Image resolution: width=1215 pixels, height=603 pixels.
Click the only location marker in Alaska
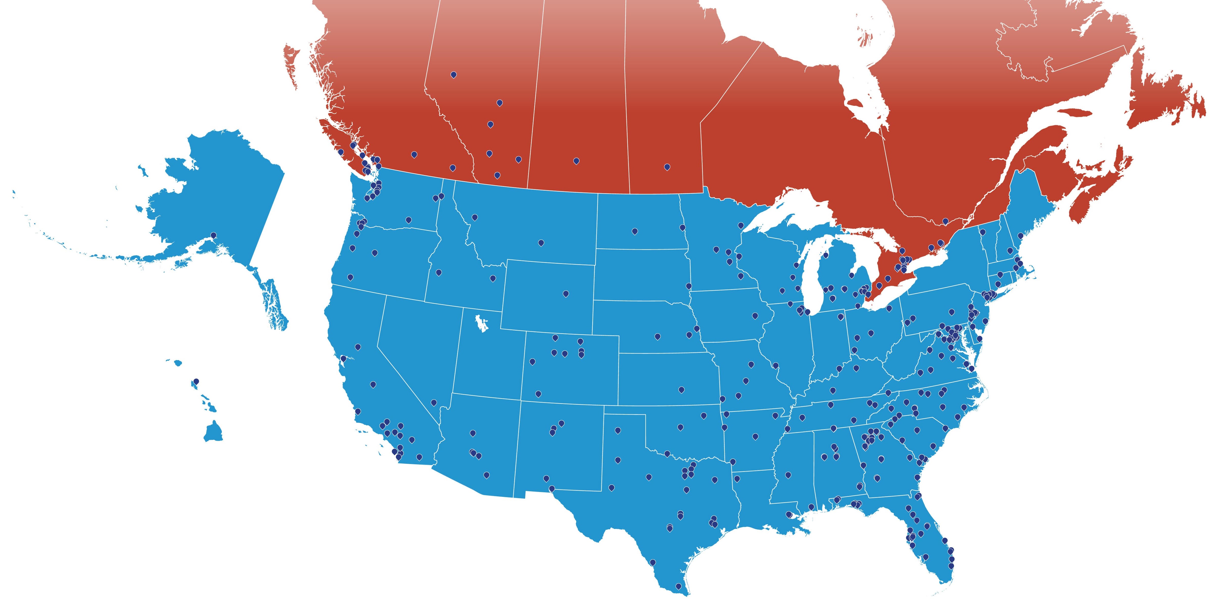pyautogui.click(x=213, y=235)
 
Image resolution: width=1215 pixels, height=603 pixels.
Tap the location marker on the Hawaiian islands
pyautogui.click(x=196, y=381)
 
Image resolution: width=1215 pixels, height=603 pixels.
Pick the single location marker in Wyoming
pyautogui.click(x=566, y=293)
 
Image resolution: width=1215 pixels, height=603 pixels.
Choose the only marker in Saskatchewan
pyautogui.click(x=576, y=161)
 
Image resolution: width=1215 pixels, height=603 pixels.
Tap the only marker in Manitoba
pyautogui.click(x=667, y=166)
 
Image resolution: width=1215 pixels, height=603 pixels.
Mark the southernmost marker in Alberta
pyautogui.click(x=497, y=175)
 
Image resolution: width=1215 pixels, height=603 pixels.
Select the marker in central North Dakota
pyautogui.click(x=635, y=231)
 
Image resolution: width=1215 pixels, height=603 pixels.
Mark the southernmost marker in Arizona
pyautogui.click(x=487, y=475)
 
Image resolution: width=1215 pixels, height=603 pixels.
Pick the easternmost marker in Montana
pyautogui.click(x=541, y=243)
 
